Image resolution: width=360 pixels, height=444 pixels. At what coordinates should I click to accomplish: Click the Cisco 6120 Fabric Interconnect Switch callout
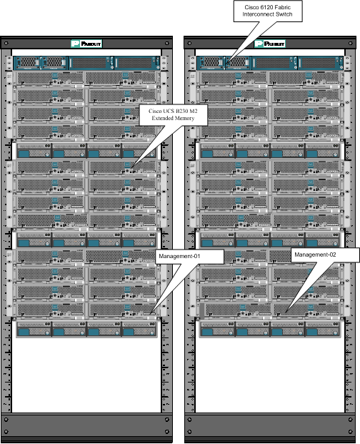point(268,11)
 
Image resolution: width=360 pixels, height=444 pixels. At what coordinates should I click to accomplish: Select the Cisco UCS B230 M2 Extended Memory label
point(173,114)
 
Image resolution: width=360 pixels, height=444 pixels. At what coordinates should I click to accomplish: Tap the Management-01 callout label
point(190,257)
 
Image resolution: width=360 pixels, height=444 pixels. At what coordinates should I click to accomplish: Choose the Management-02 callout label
point(325,255)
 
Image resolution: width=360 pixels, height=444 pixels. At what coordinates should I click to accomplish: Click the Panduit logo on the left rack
point(86,44)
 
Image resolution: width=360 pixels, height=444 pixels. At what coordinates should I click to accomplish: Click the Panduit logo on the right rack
point(270,44)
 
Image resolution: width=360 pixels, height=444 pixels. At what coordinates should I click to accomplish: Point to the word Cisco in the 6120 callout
point(250,7)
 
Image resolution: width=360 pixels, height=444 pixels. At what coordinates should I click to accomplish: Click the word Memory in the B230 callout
point(184,118)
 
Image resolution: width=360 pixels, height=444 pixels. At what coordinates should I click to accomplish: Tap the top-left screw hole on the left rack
point(6,44)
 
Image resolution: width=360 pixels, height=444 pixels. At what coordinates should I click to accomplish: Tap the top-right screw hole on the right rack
point(351,44)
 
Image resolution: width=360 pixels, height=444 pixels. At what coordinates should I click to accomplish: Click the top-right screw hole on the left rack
point(167,44)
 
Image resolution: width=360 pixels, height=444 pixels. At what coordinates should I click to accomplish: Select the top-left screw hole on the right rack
point(189,44)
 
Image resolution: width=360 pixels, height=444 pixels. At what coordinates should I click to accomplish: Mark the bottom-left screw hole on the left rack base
point(6,432)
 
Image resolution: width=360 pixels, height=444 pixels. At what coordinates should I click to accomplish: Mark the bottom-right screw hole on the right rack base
point(351,432)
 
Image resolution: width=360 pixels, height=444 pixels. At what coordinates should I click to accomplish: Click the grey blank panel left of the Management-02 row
point(202,310)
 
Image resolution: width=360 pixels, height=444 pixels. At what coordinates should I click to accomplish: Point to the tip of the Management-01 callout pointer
point(151,313)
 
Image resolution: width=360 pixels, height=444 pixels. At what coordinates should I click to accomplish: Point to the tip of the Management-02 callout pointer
point(286,312)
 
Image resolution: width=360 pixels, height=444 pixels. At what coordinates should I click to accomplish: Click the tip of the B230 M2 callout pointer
point(131,167)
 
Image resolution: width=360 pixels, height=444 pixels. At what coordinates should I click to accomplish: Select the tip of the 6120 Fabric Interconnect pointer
point(226,64)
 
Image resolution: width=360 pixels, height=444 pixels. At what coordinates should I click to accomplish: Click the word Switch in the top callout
point(284,14)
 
